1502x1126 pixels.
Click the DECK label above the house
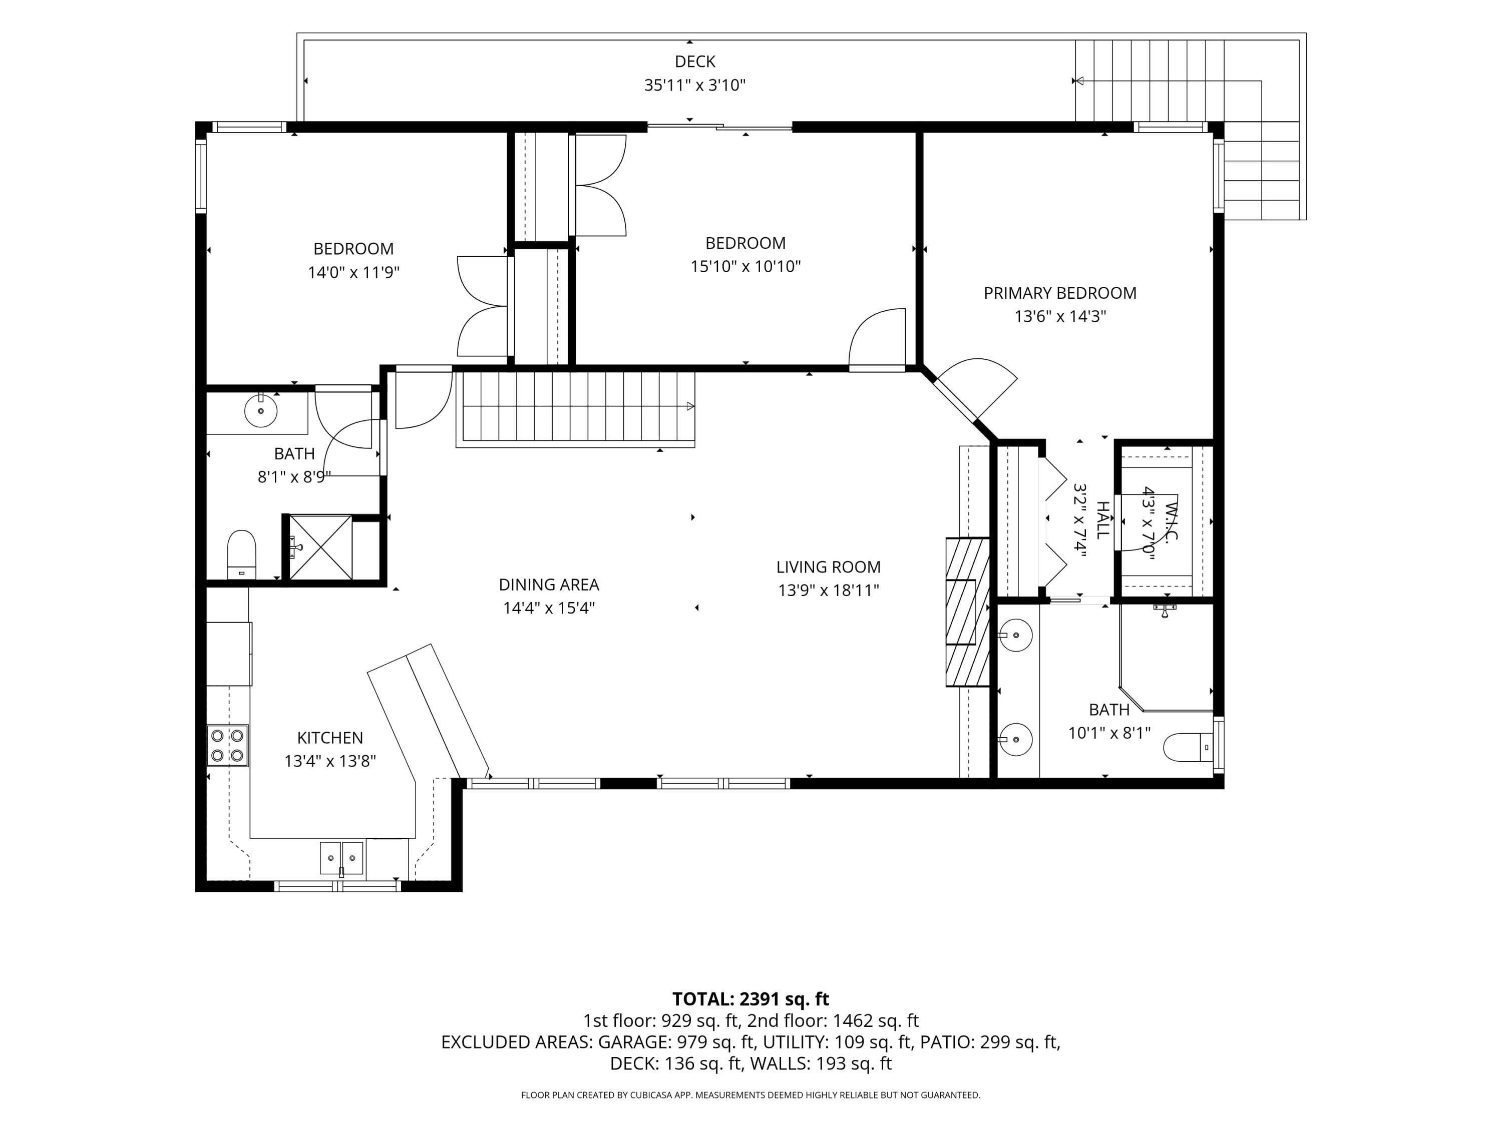tap(694, 62)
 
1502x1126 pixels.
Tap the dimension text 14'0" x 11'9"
tap(353, 273)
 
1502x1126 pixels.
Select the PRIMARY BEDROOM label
tap(1060, 293)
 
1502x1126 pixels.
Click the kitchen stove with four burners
tap(227, 745)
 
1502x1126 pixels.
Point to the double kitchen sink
tap(341, 858)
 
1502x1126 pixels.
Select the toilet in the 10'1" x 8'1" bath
tap(1188, 747)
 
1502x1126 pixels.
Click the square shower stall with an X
tap(320, 547)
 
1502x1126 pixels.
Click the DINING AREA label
tap(549, 585)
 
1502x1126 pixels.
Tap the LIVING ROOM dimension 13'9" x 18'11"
tap(829, 591)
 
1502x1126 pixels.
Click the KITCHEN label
tap(330, 738)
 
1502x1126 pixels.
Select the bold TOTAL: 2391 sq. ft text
tap(750, 999)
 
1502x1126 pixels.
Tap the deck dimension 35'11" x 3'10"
tap(694, 86)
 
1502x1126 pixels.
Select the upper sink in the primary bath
tap(1016, 636)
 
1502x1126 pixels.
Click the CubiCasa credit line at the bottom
tap(750, 1095)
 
